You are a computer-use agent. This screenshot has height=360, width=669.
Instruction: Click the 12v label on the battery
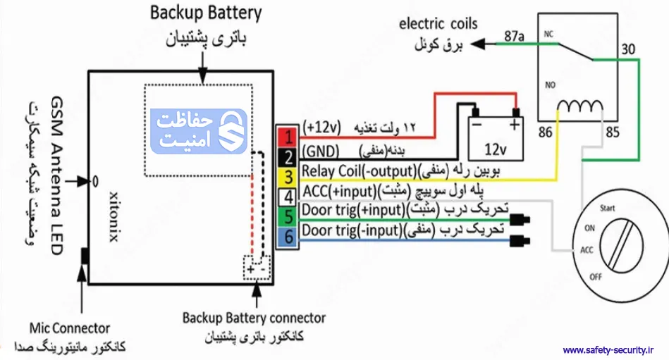click(x=496, y=149)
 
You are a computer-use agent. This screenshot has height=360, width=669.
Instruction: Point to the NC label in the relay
click(x=548, y=32)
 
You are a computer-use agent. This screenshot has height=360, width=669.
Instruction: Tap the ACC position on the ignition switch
click(x=587, y=250)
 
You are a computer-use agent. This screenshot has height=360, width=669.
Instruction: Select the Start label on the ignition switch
click(x=607, y=209)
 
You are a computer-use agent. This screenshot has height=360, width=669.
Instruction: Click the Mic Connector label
click(x=70, y=328)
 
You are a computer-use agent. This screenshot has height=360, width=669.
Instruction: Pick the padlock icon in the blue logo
click(x=231, y=130)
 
